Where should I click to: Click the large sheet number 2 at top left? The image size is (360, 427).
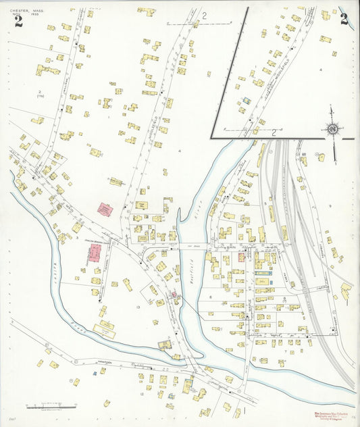[x=18, y=22]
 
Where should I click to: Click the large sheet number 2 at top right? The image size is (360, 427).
[x=344, y=19]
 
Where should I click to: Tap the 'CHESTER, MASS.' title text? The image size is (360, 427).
[x=26, y=9]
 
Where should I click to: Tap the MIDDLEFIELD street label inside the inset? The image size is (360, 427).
[x=283, y=67]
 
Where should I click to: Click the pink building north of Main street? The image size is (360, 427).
[x=105, y=209]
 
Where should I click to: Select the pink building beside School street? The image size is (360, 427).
[x=94, y=253]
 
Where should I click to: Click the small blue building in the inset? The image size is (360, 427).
[x=247, y=101]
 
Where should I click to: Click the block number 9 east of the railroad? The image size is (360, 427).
[x=330, y=205]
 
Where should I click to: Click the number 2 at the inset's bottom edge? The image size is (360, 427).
[x=274, y=133]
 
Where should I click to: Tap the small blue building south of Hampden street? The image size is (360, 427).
[x=94, y=372]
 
